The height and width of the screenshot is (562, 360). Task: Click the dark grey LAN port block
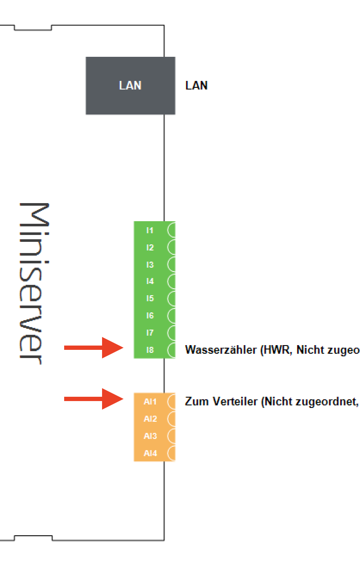130,86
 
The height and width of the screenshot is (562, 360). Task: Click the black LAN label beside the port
196,86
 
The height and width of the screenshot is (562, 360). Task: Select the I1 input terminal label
150,230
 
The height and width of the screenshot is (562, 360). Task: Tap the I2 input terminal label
150,247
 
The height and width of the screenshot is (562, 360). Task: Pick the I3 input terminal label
150,264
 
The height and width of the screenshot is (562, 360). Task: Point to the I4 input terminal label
150,281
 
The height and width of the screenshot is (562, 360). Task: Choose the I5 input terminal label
150,298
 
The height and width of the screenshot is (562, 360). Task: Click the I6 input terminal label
150,315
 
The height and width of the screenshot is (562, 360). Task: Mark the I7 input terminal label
150,333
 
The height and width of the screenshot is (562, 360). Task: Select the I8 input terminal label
150,350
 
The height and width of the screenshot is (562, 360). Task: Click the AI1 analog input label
150,401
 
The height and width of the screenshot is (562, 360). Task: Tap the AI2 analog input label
150,419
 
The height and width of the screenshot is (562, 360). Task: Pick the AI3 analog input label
150,436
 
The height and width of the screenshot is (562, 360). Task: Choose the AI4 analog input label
150,453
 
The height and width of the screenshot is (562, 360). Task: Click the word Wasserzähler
221,350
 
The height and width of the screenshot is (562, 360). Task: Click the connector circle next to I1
171,230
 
